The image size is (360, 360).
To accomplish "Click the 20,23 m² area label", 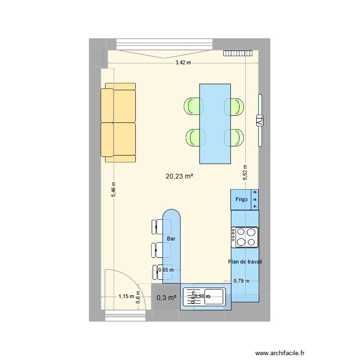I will point(179,177).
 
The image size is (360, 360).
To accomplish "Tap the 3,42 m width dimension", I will point(182,62).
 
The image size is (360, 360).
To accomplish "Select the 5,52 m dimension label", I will point(245,171).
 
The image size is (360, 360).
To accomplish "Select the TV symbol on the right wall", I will point(260,120).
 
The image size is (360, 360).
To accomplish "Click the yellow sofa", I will point(119,122).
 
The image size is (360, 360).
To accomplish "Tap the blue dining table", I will point(215,123).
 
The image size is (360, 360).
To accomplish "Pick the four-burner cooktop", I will point(245,237).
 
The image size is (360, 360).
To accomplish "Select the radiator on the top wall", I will point(237,53).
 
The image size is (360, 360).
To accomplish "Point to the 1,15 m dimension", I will point(126,297).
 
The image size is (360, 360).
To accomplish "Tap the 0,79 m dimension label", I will point(241,281).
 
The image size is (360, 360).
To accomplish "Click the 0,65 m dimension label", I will point(166,270).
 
